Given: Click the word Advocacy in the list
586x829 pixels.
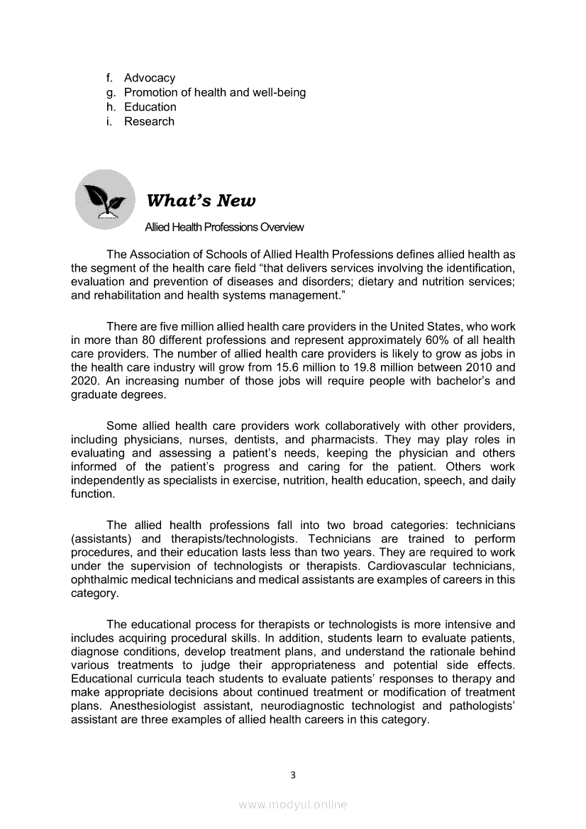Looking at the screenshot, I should [x=149, y=78].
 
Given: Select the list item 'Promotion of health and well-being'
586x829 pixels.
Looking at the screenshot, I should [x=214, y=92].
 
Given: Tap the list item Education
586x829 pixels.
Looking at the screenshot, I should [x=150, y=107].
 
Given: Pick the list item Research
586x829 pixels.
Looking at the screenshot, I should [x=149, y=121].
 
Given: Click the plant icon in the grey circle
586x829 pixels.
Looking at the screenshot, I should [x=104, y=199].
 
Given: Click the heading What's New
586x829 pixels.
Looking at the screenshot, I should [x=201, y=201].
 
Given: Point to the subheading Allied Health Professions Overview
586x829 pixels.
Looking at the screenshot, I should [x=223, y=227].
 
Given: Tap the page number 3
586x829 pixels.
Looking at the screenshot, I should [x=292, y=774].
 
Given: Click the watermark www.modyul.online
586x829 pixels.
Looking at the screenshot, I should [x=292, y=804].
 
